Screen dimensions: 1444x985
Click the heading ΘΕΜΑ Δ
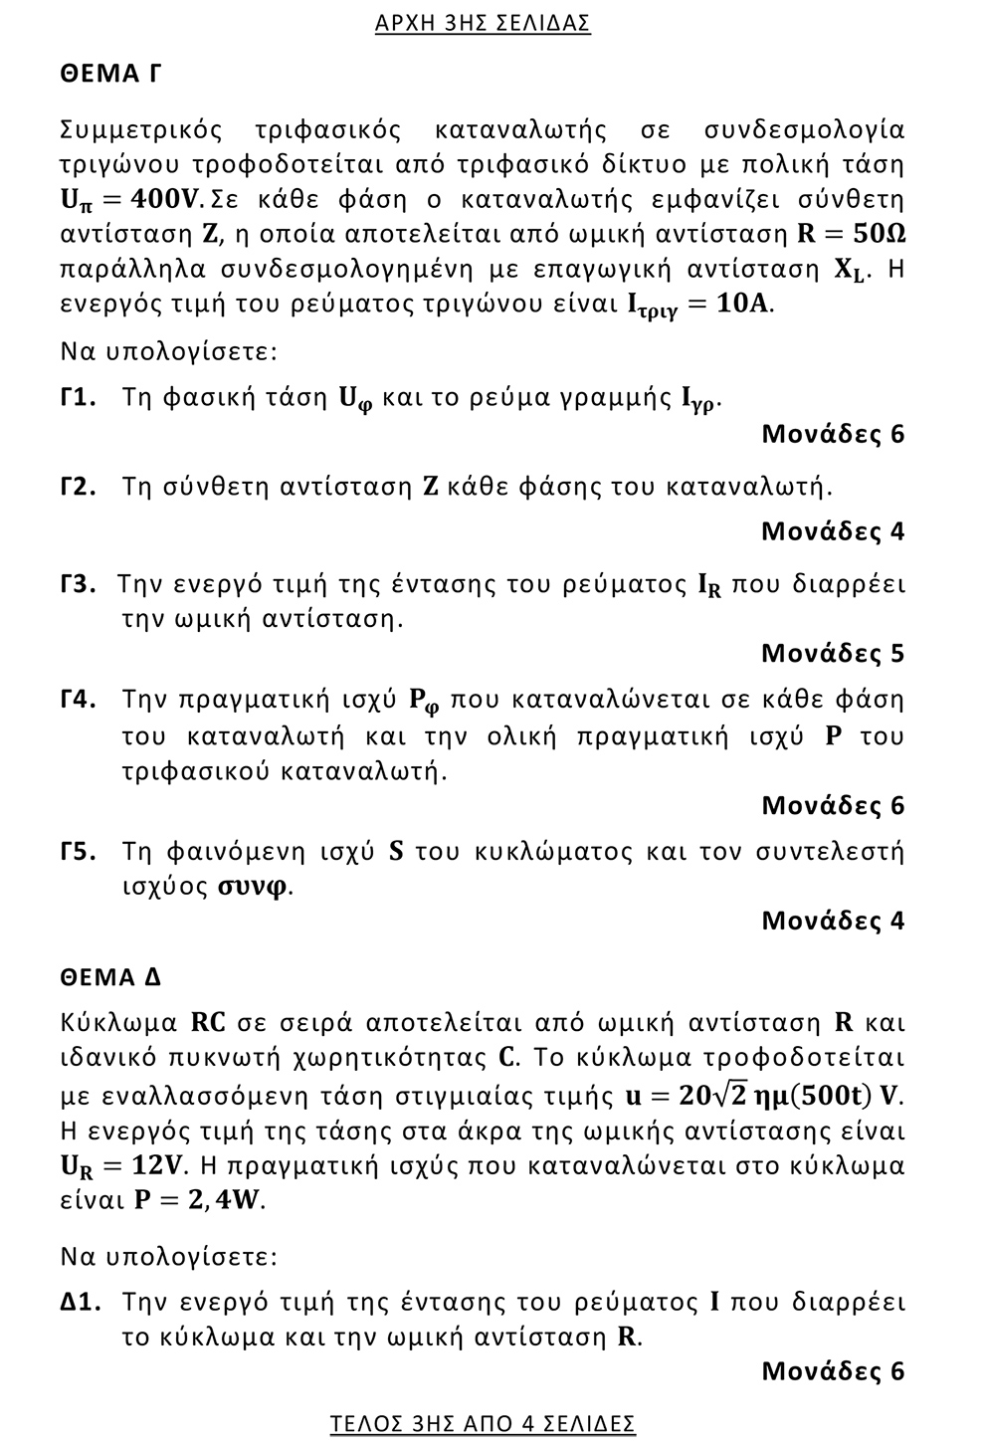tap(110, 977)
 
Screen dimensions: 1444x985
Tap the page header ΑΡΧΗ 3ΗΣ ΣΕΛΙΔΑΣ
tap(483, 23)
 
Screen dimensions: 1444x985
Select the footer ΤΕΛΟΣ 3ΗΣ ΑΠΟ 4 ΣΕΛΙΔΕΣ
tap(483, 1424)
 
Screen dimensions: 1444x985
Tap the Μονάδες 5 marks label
tap(833, 653)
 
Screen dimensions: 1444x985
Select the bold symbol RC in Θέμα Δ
tap(208, 1022)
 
